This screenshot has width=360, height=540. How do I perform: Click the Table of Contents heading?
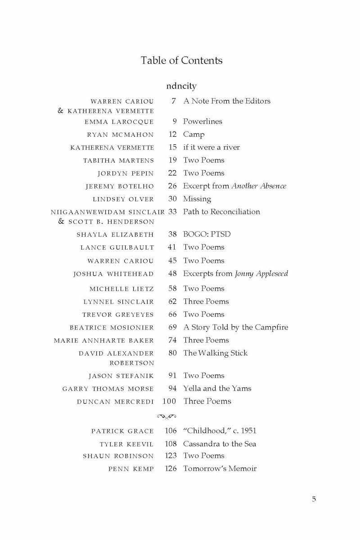(181, 60)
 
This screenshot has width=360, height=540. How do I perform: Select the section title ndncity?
(181, 85)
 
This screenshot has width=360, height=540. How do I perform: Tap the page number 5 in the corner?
(314, 499)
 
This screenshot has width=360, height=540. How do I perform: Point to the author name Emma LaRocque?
(119, 122)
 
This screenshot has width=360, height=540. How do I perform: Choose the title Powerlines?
(202, 121)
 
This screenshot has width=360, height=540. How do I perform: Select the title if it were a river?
(211, 147)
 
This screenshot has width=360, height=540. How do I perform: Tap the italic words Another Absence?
(259, 186)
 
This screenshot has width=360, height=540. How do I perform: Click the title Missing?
(197, 199)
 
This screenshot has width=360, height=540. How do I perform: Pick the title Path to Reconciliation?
(221, 211)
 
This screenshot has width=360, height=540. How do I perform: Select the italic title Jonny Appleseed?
(261, 274)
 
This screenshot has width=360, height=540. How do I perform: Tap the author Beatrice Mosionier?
(112, 328)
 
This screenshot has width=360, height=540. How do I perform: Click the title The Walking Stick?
(215, 353)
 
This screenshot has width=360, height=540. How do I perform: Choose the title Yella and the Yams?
(217, 388)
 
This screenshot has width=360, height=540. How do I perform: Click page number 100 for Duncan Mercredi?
(169, 401)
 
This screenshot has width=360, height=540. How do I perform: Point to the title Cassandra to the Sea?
(220, 444)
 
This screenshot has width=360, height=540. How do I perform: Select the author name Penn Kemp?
(131, 469)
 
